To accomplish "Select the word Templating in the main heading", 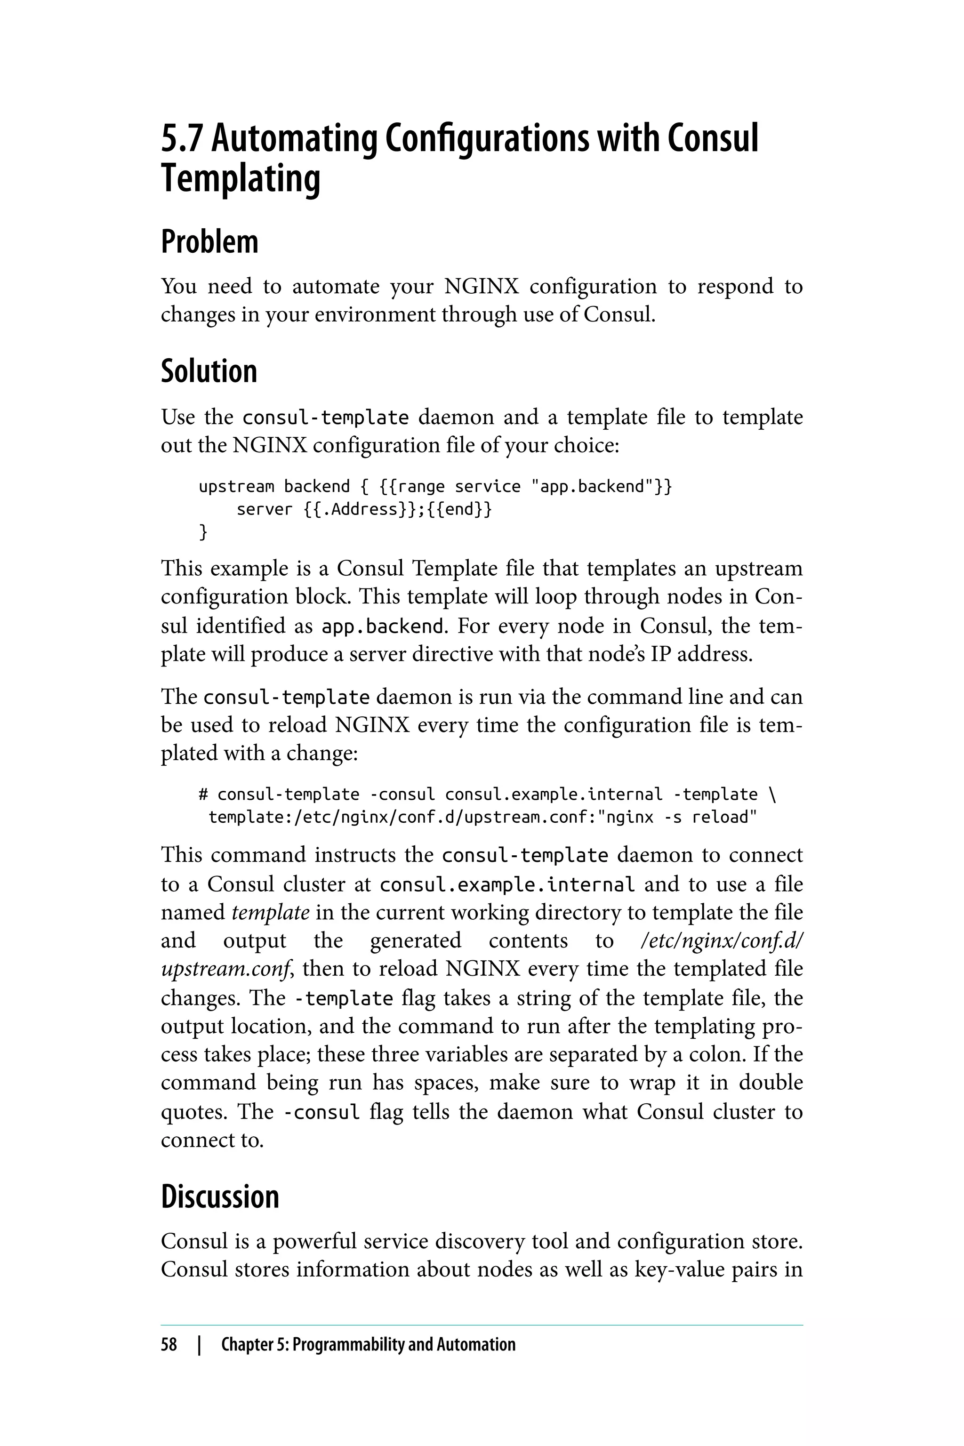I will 241,179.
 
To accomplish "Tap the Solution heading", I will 209,371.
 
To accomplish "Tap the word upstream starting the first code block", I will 236,487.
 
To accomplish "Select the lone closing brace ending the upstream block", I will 203,532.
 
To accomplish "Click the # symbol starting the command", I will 203,795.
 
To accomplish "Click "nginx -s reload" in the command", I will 677,818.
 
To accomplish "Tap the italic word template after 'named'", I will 271,912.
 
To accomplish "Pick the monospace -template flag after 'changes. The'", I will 344,998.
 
